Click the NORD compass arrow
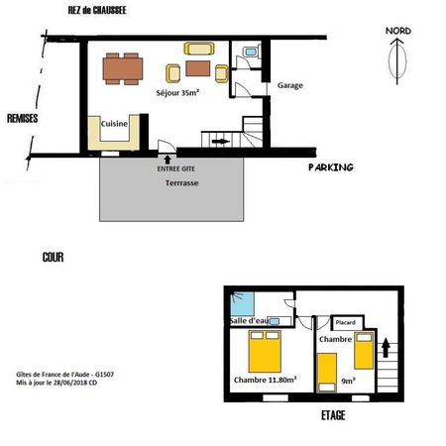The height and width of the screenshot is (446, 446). point(396,61)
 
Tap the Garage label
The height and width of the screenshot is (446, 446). point(290,85)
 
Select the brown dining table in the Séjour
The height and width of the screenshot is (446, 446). point(123,68)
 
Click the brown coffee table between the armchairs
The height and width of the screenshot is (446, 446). point(198,68)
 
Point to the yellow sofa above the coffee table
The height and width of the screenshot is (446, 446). point(199,49)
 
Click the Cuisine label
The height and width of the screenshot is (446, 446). point(114,124)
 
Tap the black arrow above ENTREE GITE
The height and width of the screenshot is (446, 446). point(167,160)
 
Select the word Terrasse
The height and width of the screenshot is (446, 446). point(181,183)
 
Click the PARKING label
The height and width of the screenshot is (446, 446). point(331,167)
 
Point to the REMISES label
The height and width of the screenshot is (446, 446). point(23,118)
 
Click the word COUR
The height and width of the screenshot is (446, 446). point(53,257)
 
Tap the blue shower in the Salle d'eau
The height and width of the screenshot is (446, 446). point(242,303)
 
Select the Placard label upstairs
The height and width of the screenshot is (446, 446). point(345,322)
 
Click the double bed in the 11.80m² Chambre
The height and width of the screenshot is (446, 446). point(265,352)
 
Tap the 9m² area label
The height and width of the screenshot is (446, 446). point(348,381)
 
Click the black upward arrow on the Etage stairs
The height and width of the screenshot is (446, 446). point(386,349)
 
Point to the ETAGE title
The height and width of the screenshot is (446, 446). point(333,415)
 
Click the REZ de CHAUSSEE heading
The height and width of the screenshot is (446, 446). point(97,10)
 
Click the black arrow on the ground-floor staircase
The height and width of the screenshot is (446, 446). point(221,142)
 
